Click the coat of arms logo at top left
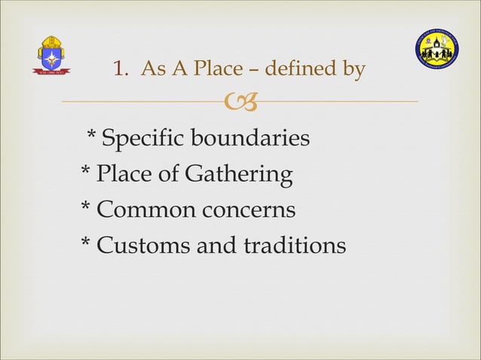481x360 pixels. coord(52,55)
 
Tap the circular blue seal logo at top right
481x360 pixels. coord(437,53)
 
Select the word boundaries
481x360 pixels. coord(251,139)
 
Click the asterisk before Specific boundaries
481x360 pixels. coord(91,136)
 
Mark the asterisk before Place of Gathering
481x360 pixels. coord(86,172)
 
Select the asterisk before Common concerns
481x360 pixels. coord(86,207)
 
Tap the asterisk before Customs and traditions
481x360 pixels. coord(86,243)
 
